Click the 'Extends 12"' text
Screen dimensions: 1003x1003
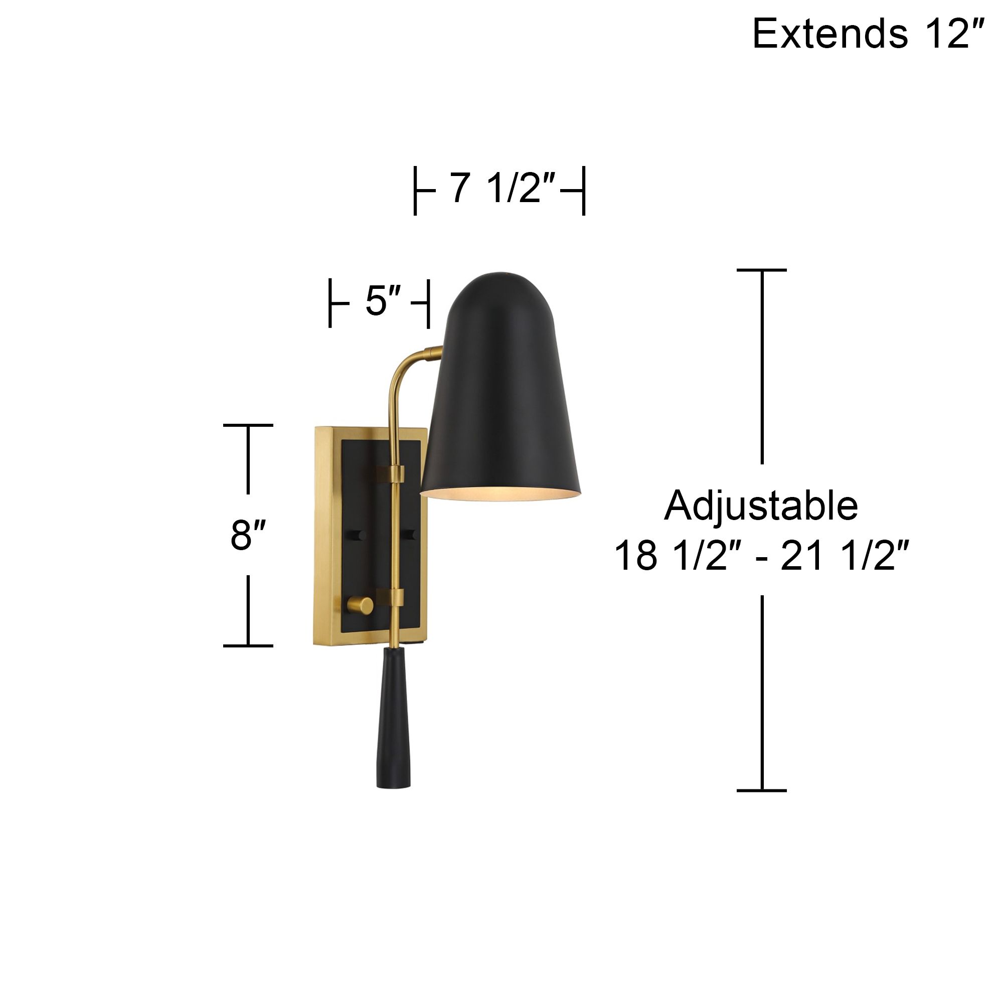(868, 34)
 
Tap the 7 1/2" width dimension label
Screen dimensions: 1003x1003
(503, 189)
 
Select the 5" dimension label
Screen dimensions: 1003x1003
(383, 302)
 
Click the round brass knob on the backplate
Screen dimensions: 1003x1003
(360, 605)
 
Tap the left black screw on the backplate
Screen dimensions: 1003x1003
(358, 535)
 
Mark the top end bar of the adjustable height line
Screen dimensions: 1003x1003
(762, 270)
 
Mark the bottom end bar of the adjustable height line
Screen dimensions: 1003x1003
(762, 791)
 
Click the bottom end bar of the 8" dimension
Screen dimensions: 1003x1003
(248, 646)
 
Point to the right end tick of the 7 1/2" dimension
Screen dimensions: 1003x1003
(584, 191)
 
